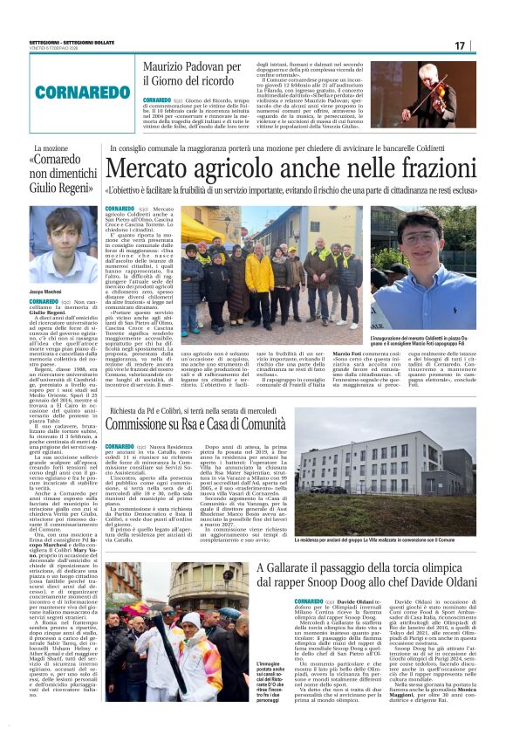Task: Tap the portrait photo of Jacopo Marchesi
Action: coord(64,245)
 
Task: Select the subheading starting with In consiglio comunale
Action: coord(289,149)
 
